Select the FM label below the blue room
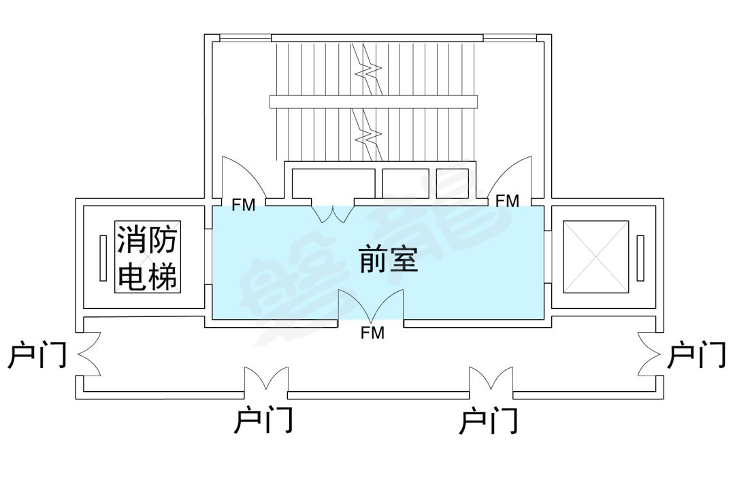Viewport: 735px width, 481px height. pyautogui.click(x=372, y=333)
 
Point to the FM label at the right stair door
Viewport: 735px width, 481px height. pyautogui.click(x=507, y=201)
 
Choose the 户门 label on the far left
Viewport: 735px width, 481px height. pyautogui.click(x=37, y=354)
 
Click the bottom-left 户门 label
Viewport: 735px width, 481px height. pyautogui.click(x=263, y=421)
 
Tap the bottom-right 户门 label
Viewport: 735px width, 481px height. pyautogui.click(x=489, y=421)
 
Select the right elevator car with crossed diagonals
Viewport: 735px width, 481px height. pyautogui.click(x=596, y=257)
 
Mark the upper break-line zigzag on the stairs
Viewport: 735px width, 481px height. pyautogui.click(x=370, y=69)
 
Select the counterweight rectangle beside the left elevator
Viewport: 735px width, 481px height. pyautogui.click(x=103, y=258)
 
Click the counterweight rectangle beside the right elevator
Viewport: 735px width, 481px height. pyautogui.click(x=640, y=258)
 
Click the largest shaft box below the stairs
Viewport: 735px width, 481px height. pyautogui.click(x=333, y=182)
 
